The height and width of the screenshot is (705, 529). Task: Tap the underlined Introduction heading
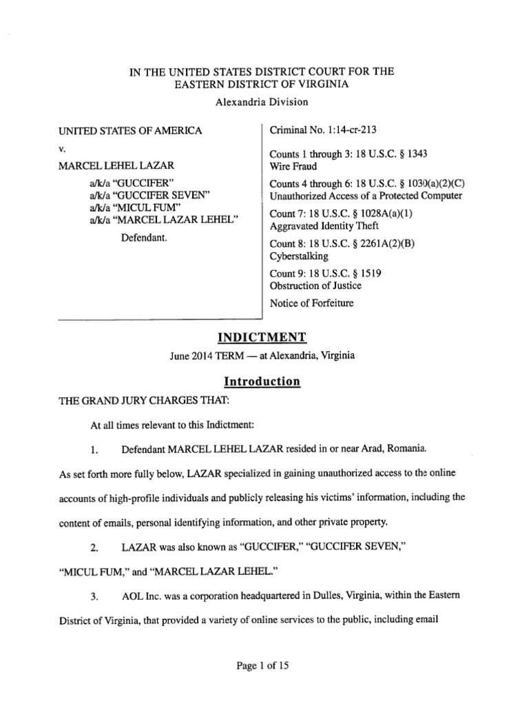(x=262, y=381)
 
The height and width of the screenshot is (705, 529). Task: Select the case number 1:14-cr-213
(x=347, y=129)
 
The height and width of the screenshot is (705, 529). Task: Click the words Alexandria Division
(x=262, y=102)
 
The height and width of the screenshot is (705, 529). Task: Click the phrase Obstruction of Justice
(x=315, y=285)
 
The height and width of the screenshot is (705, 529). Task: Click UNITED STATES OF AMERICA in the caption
(x=130, y=130)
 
